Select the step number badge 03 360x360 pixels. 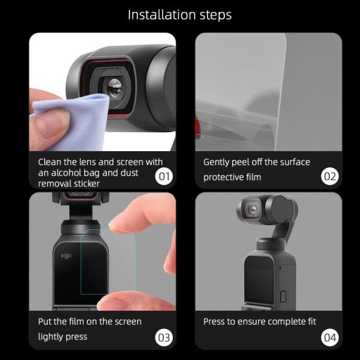[x=163, y=337]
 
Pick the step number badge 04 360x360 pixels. [x=330, y=337]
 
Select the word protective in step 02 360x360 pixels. [x=225, y=177]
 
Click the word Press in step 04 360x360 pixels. [x=214, y=321]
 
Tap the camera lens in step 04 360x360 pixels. [x=251, y=210]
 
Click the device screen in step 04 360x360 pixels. [x=259, y=280]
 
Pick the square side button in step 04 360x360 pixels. [x=283, y=295]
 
